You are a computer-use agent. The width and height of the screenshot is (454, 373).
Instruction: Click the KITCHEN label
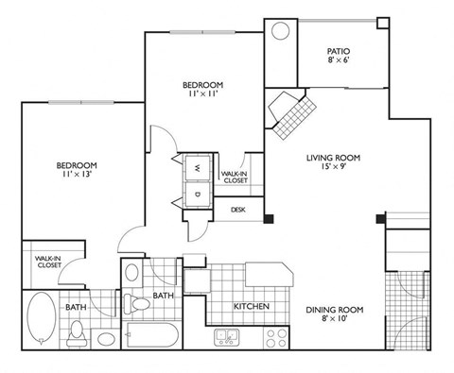(x=253, y=307)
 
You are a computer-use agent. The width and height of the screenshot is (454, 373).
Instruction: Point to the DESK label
(x=238, y=210)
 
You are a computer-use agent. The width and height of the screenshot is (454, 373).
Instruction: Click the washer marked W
(x=197, y=167)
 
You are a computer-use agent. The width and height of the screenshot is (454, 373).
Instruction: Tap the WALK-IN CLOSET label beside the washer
(x=233, y=177)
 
